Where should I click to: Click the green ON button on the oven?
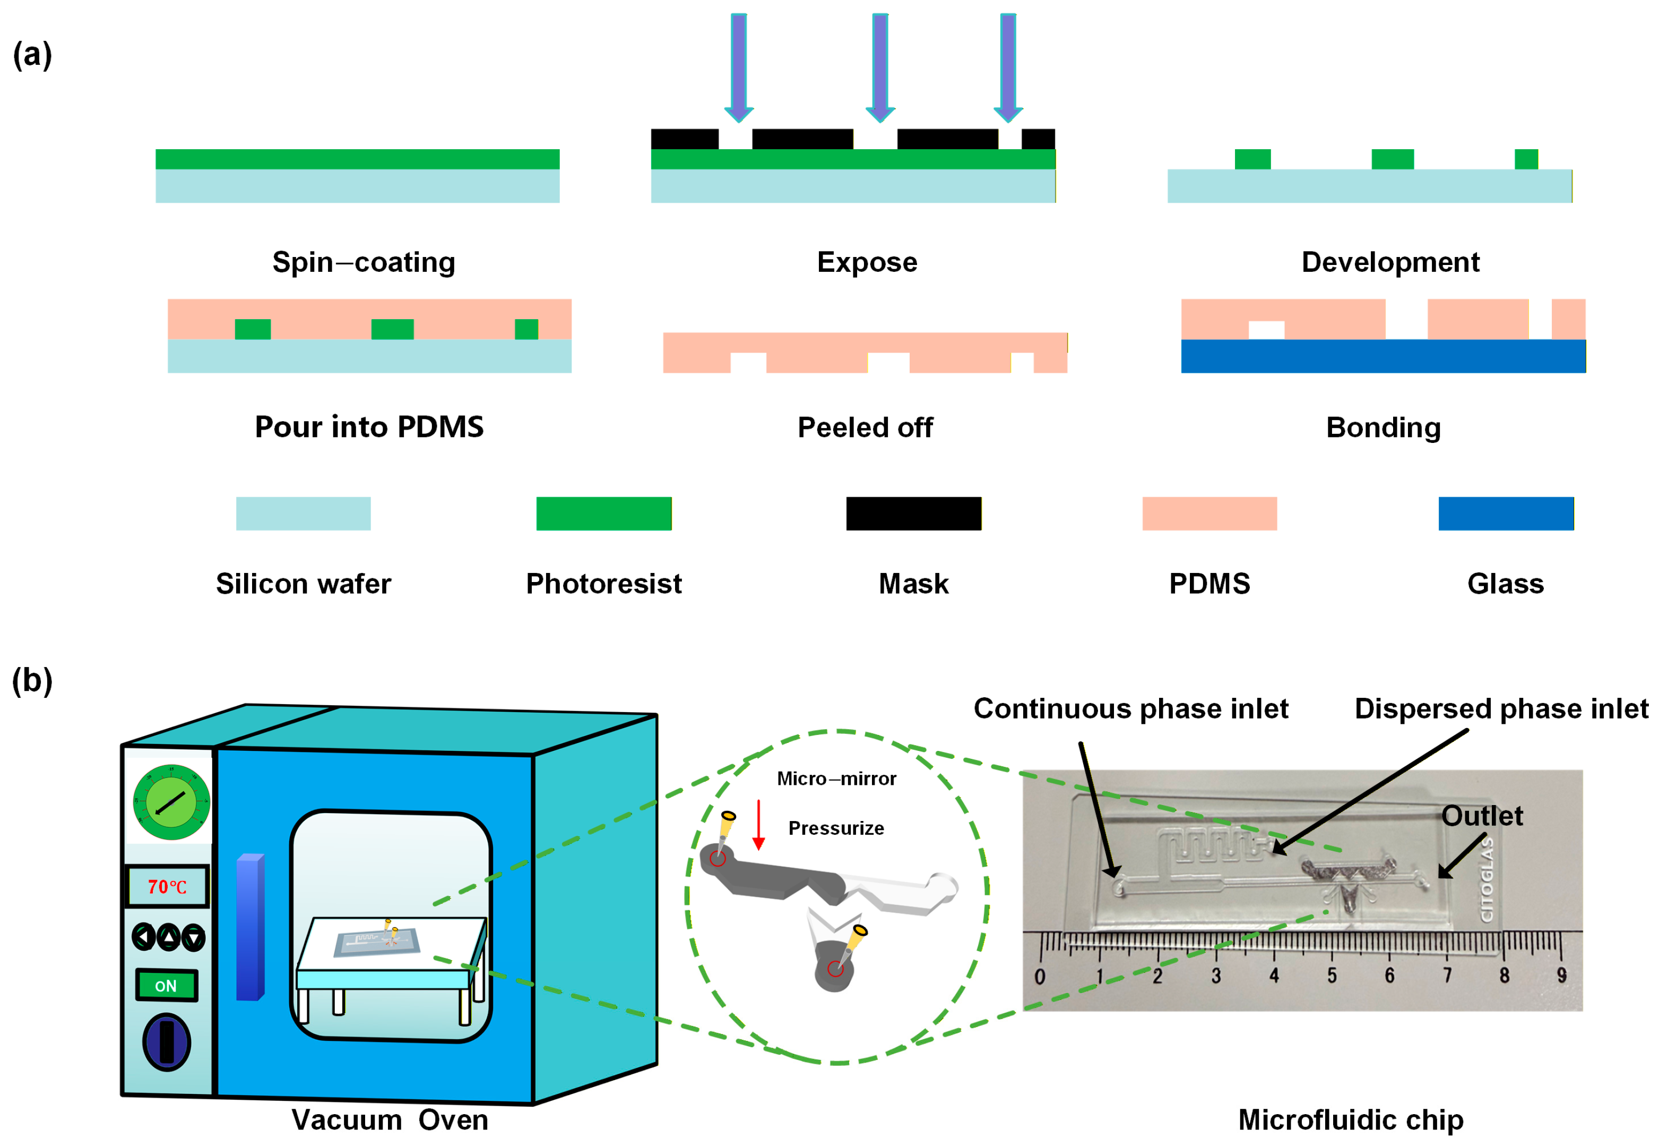[x=167, y=985]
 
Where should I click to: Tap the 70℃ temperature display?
[x=168, y=887]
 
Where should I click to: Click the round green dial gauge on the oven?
[x=171, y=801]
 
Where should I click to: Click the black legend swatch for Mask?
[x=913, y=514]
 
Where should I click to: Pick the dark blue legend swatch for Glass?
[x=1506, y=514]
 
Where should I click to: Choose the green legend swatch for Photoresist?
[x=604, y=514]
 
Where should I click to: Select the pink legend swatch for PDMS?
[x=1210, y=514]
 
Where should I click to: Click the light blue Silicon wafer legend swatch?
[x=304, y=514]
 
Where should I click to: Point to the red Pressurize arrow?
[x=758, y=825]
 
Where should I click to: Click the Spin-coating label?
[x=364, y=263]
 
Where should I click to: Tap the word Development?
[x=1390, y=263]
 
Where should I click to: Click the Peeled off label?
[x=866, y=427]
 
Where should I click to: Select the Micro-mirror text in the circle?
[x=837, y=779]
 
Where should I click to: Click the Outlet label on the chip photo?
[x=1482, y=816]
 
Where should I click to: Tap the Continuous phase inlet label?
[x=1131, y=709]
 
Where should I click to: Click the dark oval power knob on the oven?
[x=167, y=1042]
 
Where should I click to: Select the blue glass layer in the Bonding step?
[x=1384, y=356]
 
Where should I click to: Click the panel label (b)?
[x=32, y=681]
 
